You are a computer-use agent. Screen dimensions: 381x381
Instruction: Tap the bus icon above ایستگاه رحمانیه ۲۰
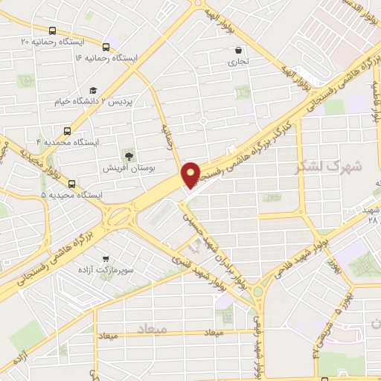coord(52,31)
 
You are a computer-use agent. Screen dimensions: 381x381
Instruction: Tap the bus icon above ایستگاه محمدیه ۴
coord(68,129)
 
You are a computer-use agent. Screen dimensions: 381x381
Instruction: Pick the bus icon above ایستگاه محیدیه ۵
coord(71,184)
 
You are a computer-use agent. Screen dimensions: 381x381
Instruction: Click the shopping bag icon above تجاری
coord(237,51)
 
